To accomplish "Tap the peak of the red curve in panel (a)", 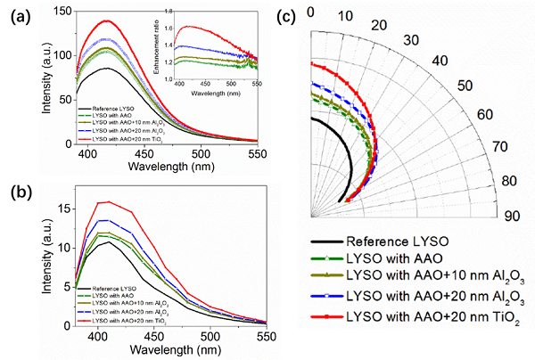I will [107, 20].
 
